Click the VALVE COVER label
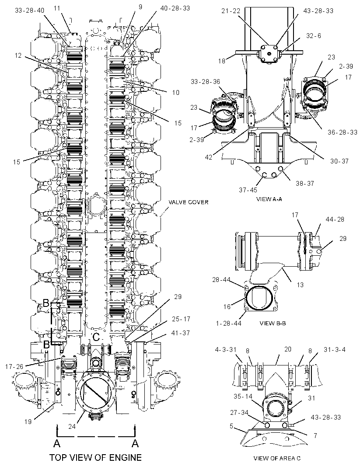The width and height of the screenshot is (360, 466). [x=189, y=202]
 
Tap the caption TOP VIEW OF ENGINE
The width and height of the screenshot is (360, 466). [x=95, y=457]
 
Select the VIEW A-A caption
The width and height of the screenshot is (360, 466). [x=269, y=199]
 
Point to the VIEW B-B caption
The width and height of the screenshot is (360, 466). [x=273, y=323]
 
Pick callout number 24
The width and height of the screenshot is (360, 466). [x=72, y=427]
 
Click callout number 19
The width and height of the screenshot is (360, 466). [x=28, y=421]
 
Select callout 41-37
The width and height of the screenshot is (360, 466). [x=181, y=333]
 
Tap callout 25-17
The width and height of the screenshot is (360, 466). [x=181, y=319]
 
